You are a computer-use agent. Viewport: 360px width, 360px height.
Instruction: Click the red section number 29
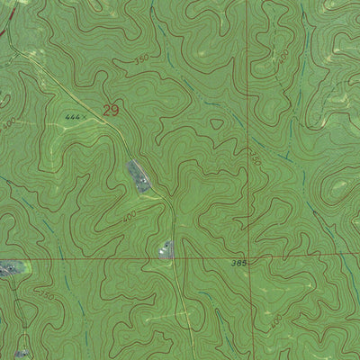[x=111, y=111]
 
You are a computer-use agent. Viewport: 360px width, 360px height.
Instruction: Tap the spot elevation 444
[x=73, y=117]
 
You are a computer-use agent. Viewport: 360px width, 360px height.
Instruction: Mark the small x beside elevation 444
[x=86, y=117]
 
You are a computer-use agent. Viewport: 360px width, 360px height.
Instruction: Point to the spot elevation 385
[x=238, y=263]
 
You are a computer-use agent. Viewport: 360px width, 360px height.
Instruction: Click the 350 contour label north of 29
[x=140, y=58]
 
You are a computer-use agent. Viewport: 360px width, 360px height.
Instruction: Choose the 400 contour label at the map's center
[x=129, y=217]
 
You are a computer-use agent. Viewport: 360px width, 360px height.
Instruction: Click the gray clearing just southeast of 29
[x=138, y=175]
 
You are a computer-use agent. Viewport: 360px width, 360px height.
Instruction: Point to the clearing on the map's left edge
[x=9, y=268]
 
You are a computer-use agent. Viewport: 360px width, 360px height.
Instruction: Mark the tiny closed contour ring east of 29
[x=217, y=125]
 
